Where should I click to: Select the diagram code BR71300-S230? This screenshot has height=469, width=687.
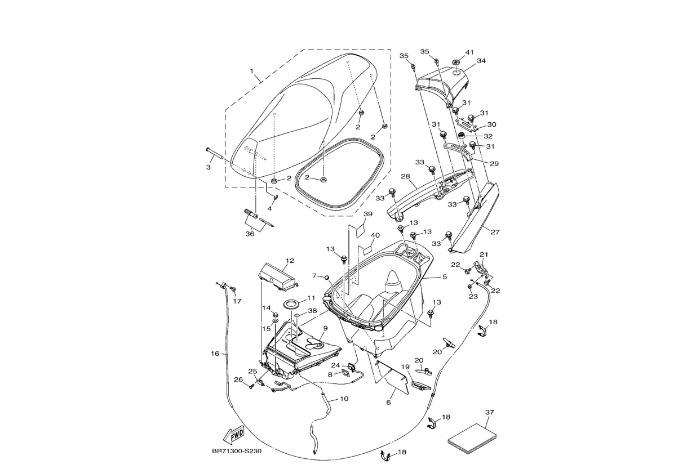click(236, 451)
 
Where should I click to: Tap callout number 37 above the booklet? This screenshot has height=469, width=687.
click(489, 413)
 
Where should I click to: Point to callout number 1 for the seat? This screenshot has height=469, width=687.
click(252, 73)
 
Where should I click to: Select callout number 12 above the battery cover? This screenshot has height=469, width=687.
click(290, 261)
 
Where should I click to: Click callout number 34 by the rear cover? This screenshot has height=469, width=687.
click(481, 61)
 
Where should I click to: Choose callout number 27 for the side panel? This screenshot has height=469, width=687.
click(495, 231)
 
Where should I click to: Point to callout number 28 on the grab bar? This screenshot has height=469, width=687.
click(405, 177)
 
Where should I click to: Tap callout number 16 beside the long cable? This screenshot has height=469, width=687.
click(215, 354)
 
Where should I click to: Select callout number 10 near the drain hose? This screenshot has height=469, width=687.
click(344, 399)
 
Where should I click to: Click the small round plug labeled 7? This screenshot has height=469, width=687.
click(326, 276)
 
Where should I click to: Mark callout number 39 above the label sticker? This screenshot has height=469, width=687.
click(367, 215)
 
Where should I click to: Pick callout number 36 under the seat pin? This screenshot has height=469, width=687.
click(250, 234)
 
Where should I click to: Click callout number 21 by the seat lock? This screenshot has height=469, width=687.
click(484, 254)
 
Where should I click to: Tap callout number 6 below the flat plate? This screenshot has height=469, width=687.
click(388, 403)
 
